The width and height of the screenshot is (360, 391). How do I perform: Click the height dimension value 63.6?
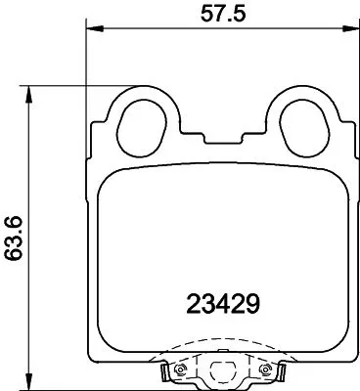[12, 239]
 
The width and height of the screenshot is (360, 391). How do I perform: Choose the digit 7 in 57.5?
[214, 14]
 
